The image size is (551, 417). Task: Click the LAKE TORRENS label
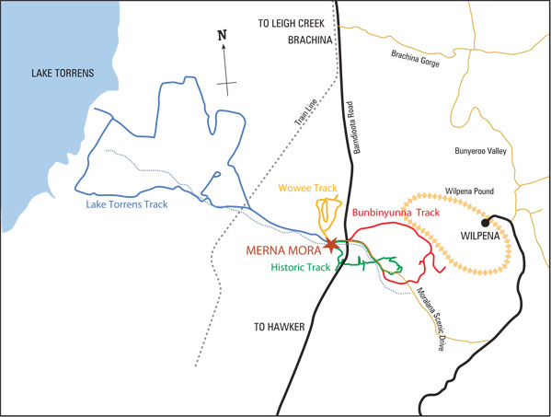coord(63,73)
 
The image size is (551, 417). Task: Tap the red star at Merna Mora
coord(331,245)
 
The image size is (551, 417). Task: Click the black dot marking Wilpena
coord(483,222)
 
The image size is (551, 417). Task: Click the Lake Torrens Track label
coord(127,204)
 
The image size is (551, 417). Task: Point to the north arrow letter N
coord(221,36)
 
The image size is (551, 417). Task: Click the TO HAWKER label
coord(278,327)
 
